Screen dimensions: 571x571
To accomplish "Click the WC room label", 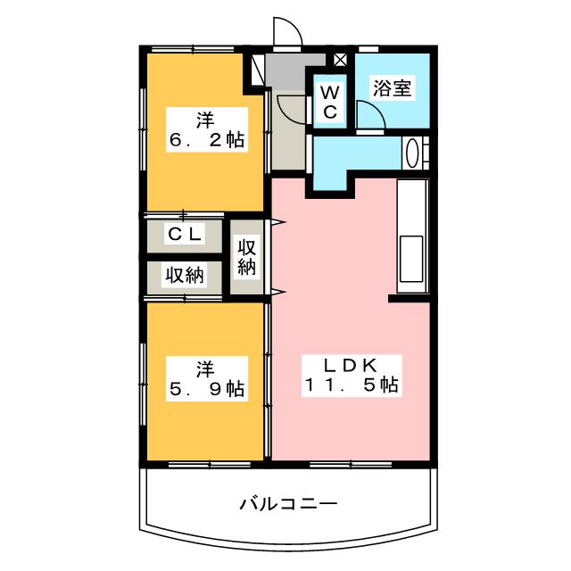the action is click(x=330, y=102).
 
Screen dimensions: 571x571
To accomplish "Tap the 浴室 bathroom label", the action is click(x=392, y=87).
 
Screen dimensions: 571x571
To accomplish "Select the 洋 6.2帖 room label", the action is click(x=207, y=129).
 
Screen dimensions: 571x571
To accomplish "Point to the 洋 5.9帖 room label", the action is click(x=207, y=378).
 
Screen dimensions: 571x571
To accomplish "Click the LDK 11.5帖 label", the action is click(x=352, y=376).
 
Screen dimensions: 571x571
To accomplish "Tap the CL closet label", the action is click(x=185, y=234).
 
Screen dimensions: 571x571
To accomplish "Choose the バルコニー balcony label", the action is click(x=288, y=503).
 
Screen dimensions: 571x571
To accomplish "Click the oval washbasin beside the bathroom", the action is click(x=412, y=153).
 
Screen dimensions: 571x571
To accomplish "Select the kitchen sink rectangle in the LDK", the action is click(x=411, y=259).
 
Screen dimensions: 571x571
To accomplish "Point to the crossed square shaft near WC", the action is click(x=340, y=60).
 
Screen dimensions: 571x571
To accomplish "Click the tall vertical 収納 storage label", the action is click(x=246, y=258).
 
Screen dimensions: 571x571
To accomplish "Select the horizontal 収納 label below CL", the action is click(x=185, y=275).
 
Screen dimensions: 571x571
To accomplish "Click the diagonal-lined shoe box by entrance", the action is click(x=258, y=70).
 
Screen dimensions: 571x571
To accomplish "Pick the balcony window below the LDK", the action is click(x=351, y=464).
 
